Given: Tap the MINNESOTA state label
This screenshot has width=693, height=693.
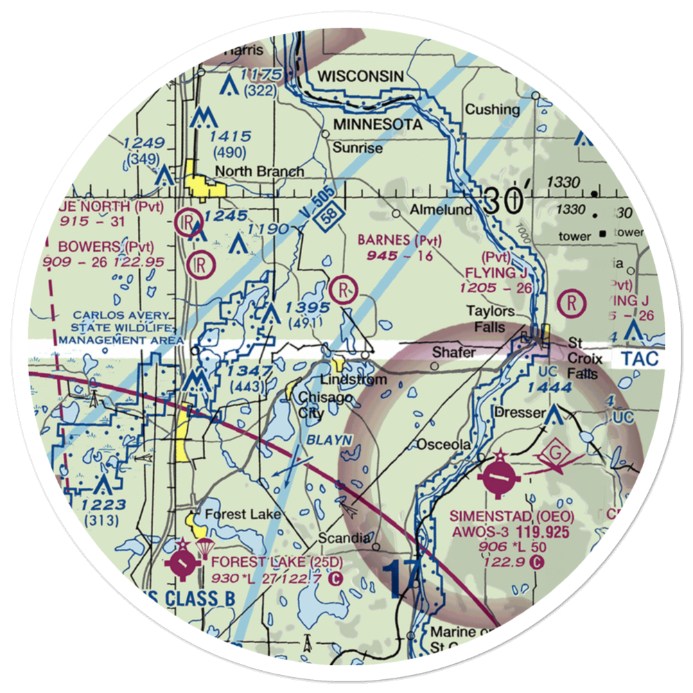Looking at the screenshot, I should pyautogui.click(x=378, y=125).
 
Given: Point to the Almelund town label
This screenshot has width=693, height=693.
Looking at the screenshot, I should pyautogui.click(x=441, y=209).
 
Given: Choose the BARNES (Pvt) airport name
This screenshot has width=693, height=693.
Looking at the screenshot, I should pyautogui.click(x=399, y=240).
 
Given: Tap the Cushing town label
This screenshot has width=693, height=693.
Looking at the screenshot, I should pyautogui.click(x=492, y=109).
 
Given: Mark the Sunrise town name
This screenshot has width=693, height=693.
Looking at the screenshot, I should pyautogui.click(x=357, y=148).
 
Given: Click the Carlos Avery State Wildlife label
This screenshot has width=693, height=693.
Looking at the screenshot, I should pyautogui.click(x=122, y=328).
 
